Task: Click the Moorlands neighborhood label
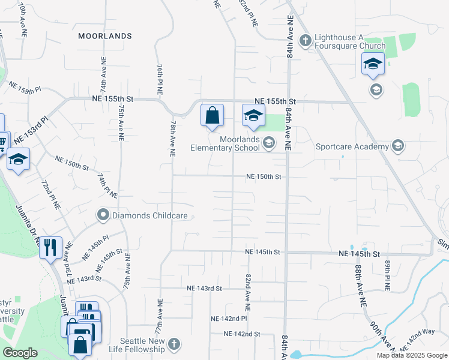click(x=105, y=36)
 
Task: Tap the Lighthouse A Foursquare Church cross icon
click(x=305, y=40)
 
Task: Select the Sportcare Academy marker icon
click(x=397, y=146)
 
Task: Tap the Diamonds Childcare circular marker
click(x=103, y=215)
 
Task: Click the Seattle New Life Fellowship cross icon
click(x=173, y=344)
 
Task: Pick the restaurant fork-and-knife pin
click(x=50, y=246)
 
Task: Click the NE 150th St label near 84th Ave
click(x=263, y=176)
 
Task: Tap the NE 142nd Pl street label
click(x=229, y=318)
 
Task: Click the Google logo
click(x=20, y=353)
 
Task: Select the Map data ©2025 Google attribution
click(x=412, y=355)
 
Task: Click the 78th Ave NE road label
click(x=172, y=138)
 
